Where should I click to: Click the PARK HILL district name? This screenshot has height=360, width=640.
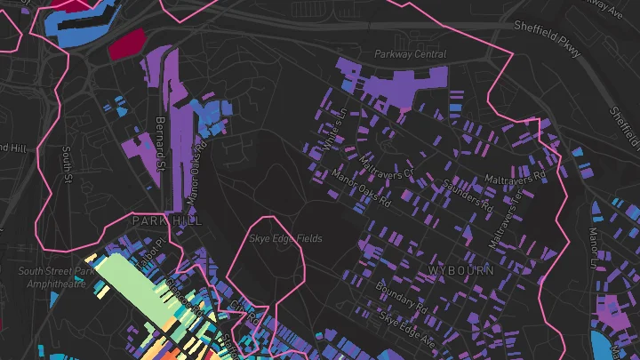pos(166,220)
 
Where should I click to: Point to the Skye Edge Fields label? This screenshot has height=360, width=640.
pos(285,239)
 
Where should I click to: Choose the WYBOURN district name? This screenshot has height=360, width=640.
pos(460,269)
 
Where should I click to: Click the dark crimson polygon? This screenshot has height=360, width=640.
pos(126,44)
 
